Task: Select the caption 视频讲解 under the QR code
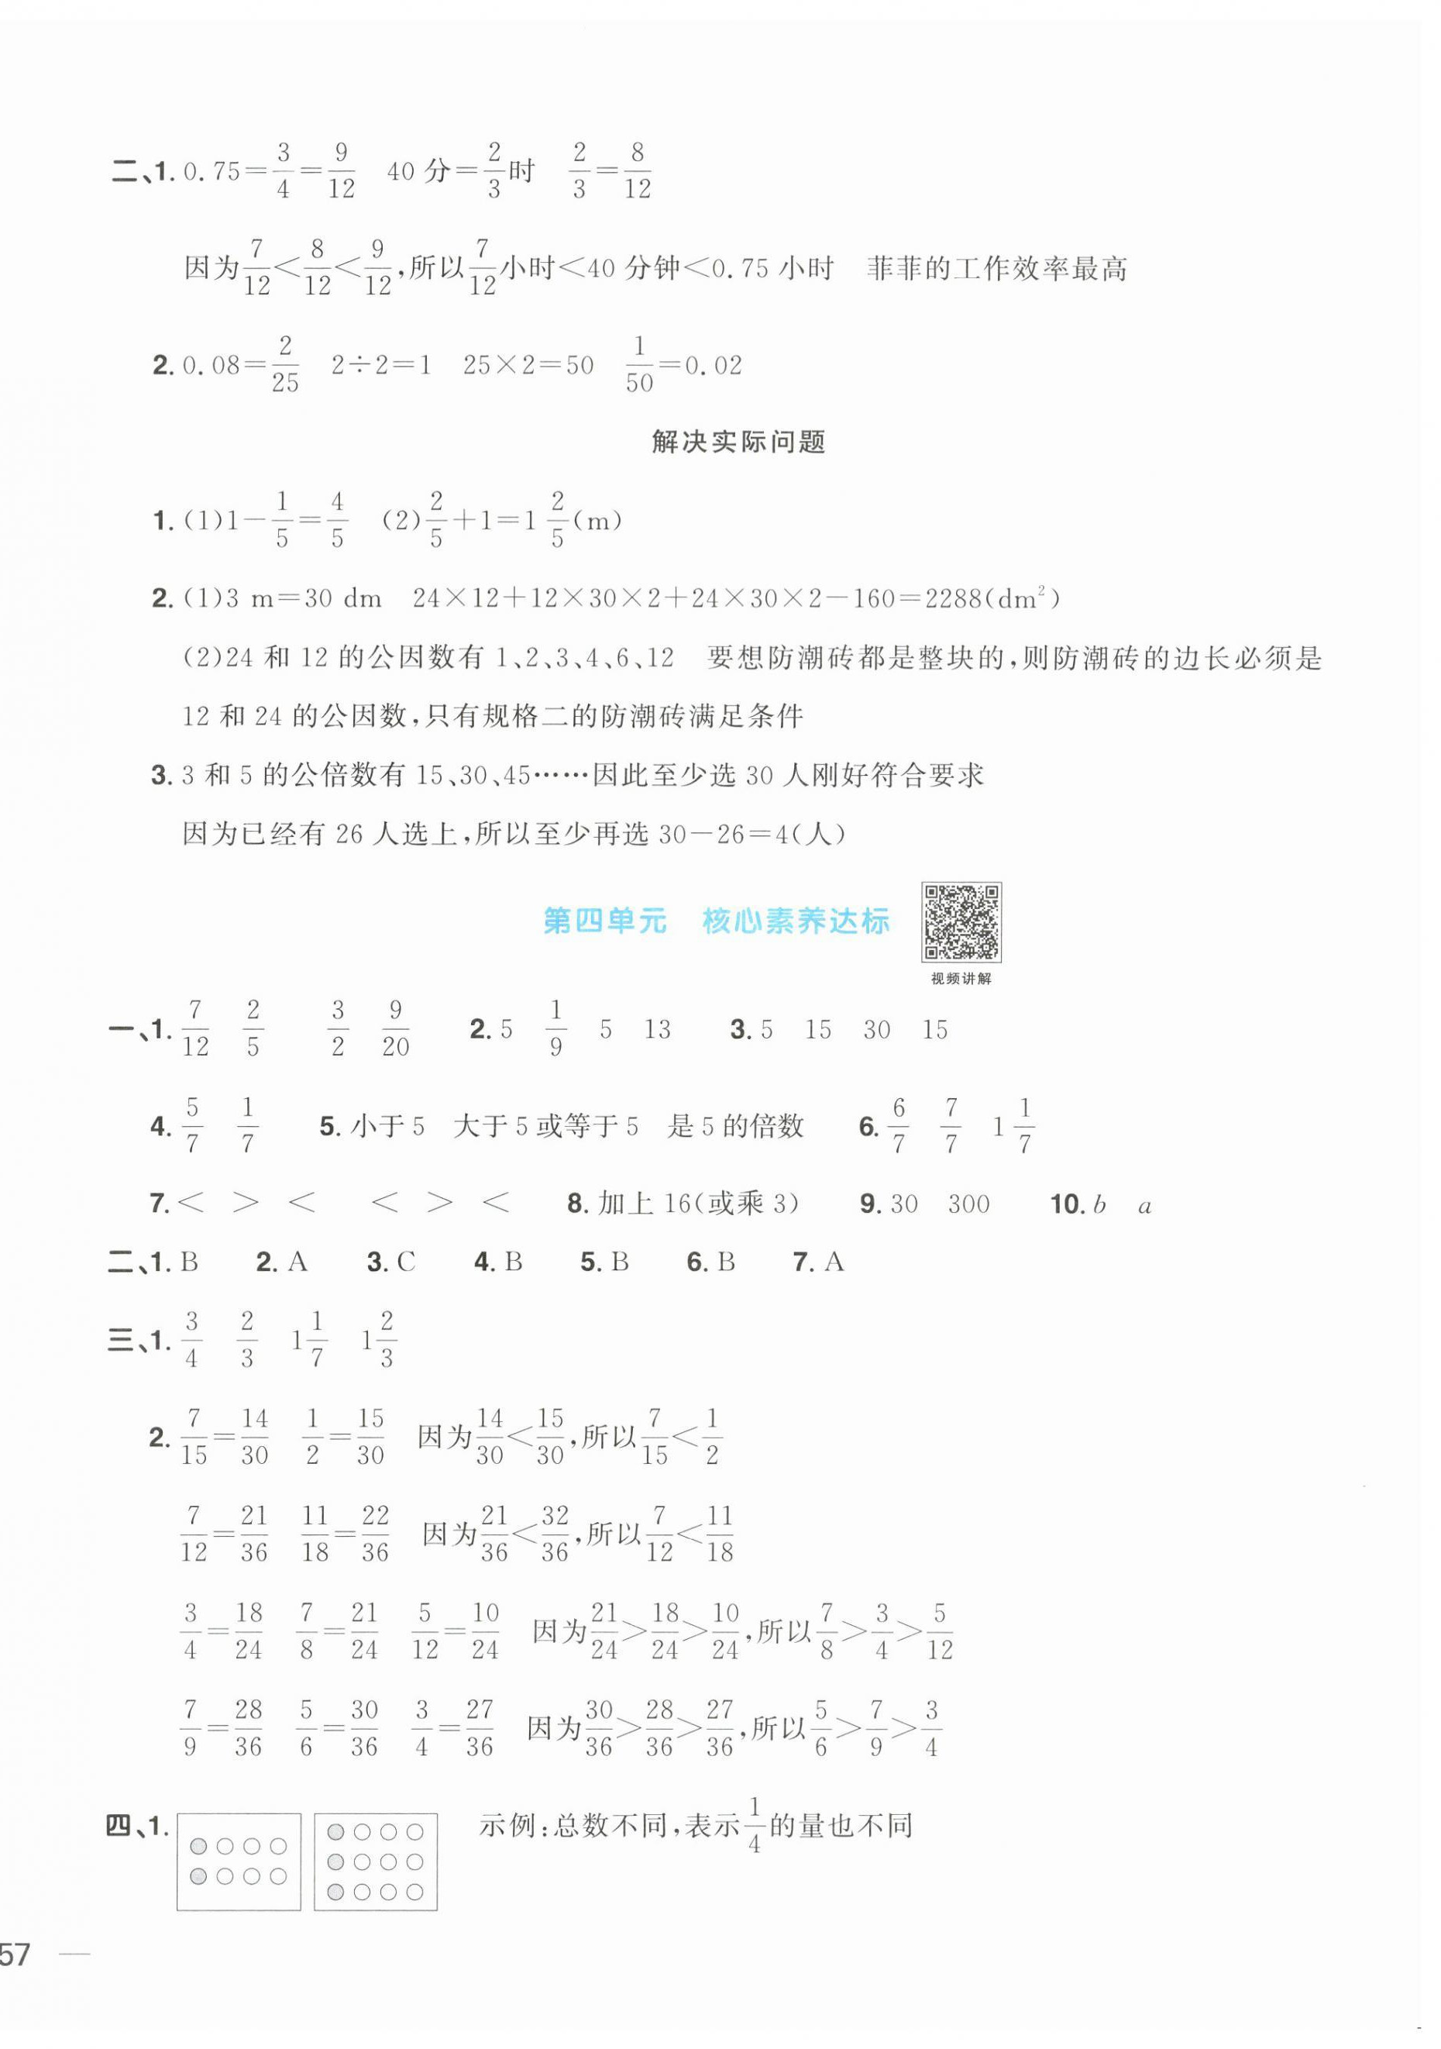point(960,978)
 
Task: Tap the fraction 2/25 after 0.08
point(284,364)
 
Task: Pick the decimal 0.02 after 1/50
point(711,366)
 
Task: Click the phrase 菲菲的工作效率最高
point(996,269)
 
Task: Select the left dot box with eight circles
point(239,1861)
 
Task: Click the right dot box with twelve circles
point(375,1861)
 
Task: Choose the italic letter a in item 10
point(1145,1207)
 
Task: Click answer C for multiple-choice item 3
point(405,1262)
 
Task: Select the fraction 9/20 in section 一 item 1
point(395,1029)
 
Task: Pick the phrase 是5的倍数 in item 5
point(734,1126)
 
